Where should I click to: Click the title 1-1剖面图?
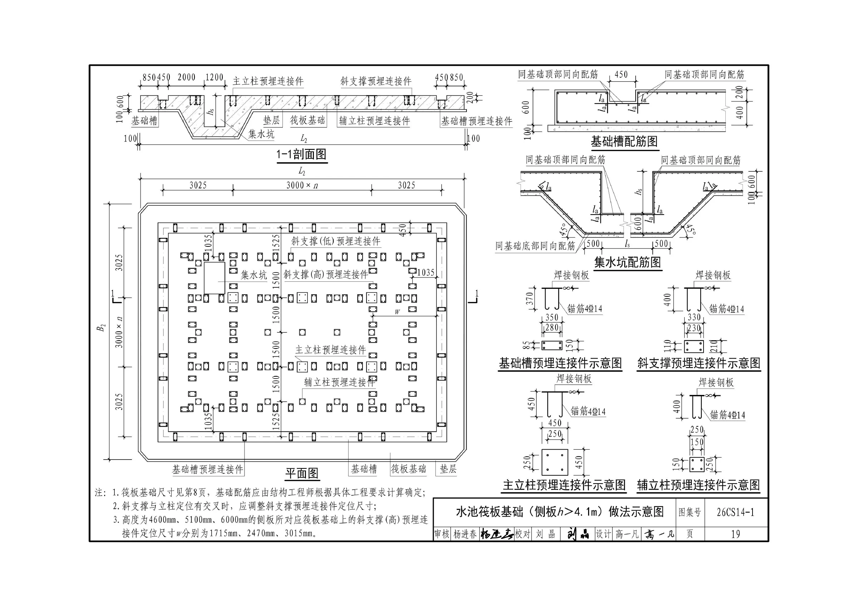[x=302, y=154]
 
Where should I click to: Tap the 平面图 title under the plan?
[x=302, y=474]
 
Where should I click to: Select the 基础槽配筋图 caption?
[x=624, y=141]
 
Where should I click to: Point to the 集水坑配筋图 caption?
[x=627, y=262]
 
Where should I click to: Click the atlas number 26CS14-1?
[x=735, y=512]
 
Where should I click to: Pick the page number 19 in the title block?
[x=735, y=534]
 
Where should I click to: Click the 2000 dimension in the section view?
[x=187, y=77]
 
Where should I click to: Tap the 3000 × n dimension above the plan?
[x=302, y=185]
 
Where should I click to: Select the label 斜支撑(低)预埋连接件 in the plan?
[x=336, y=241]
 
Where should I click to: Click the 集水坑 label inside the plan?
[x=254, y=275]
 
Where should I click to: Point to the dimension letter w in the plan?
[x=397, y=312]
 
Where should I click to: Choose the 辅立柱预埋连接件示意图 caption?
[x=699, y=485]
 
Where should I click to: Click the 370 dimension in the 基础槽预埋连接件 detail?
[x=529, y=299]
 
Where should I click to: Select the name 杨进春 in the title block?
[x=465, y=534]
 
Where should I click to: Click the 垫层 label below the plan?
[x=448, y=469]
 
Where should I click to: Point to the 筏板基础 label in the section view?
[x=307, y=120]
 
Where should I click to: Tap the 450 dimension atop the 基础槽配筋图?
[x=621, y=74]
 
